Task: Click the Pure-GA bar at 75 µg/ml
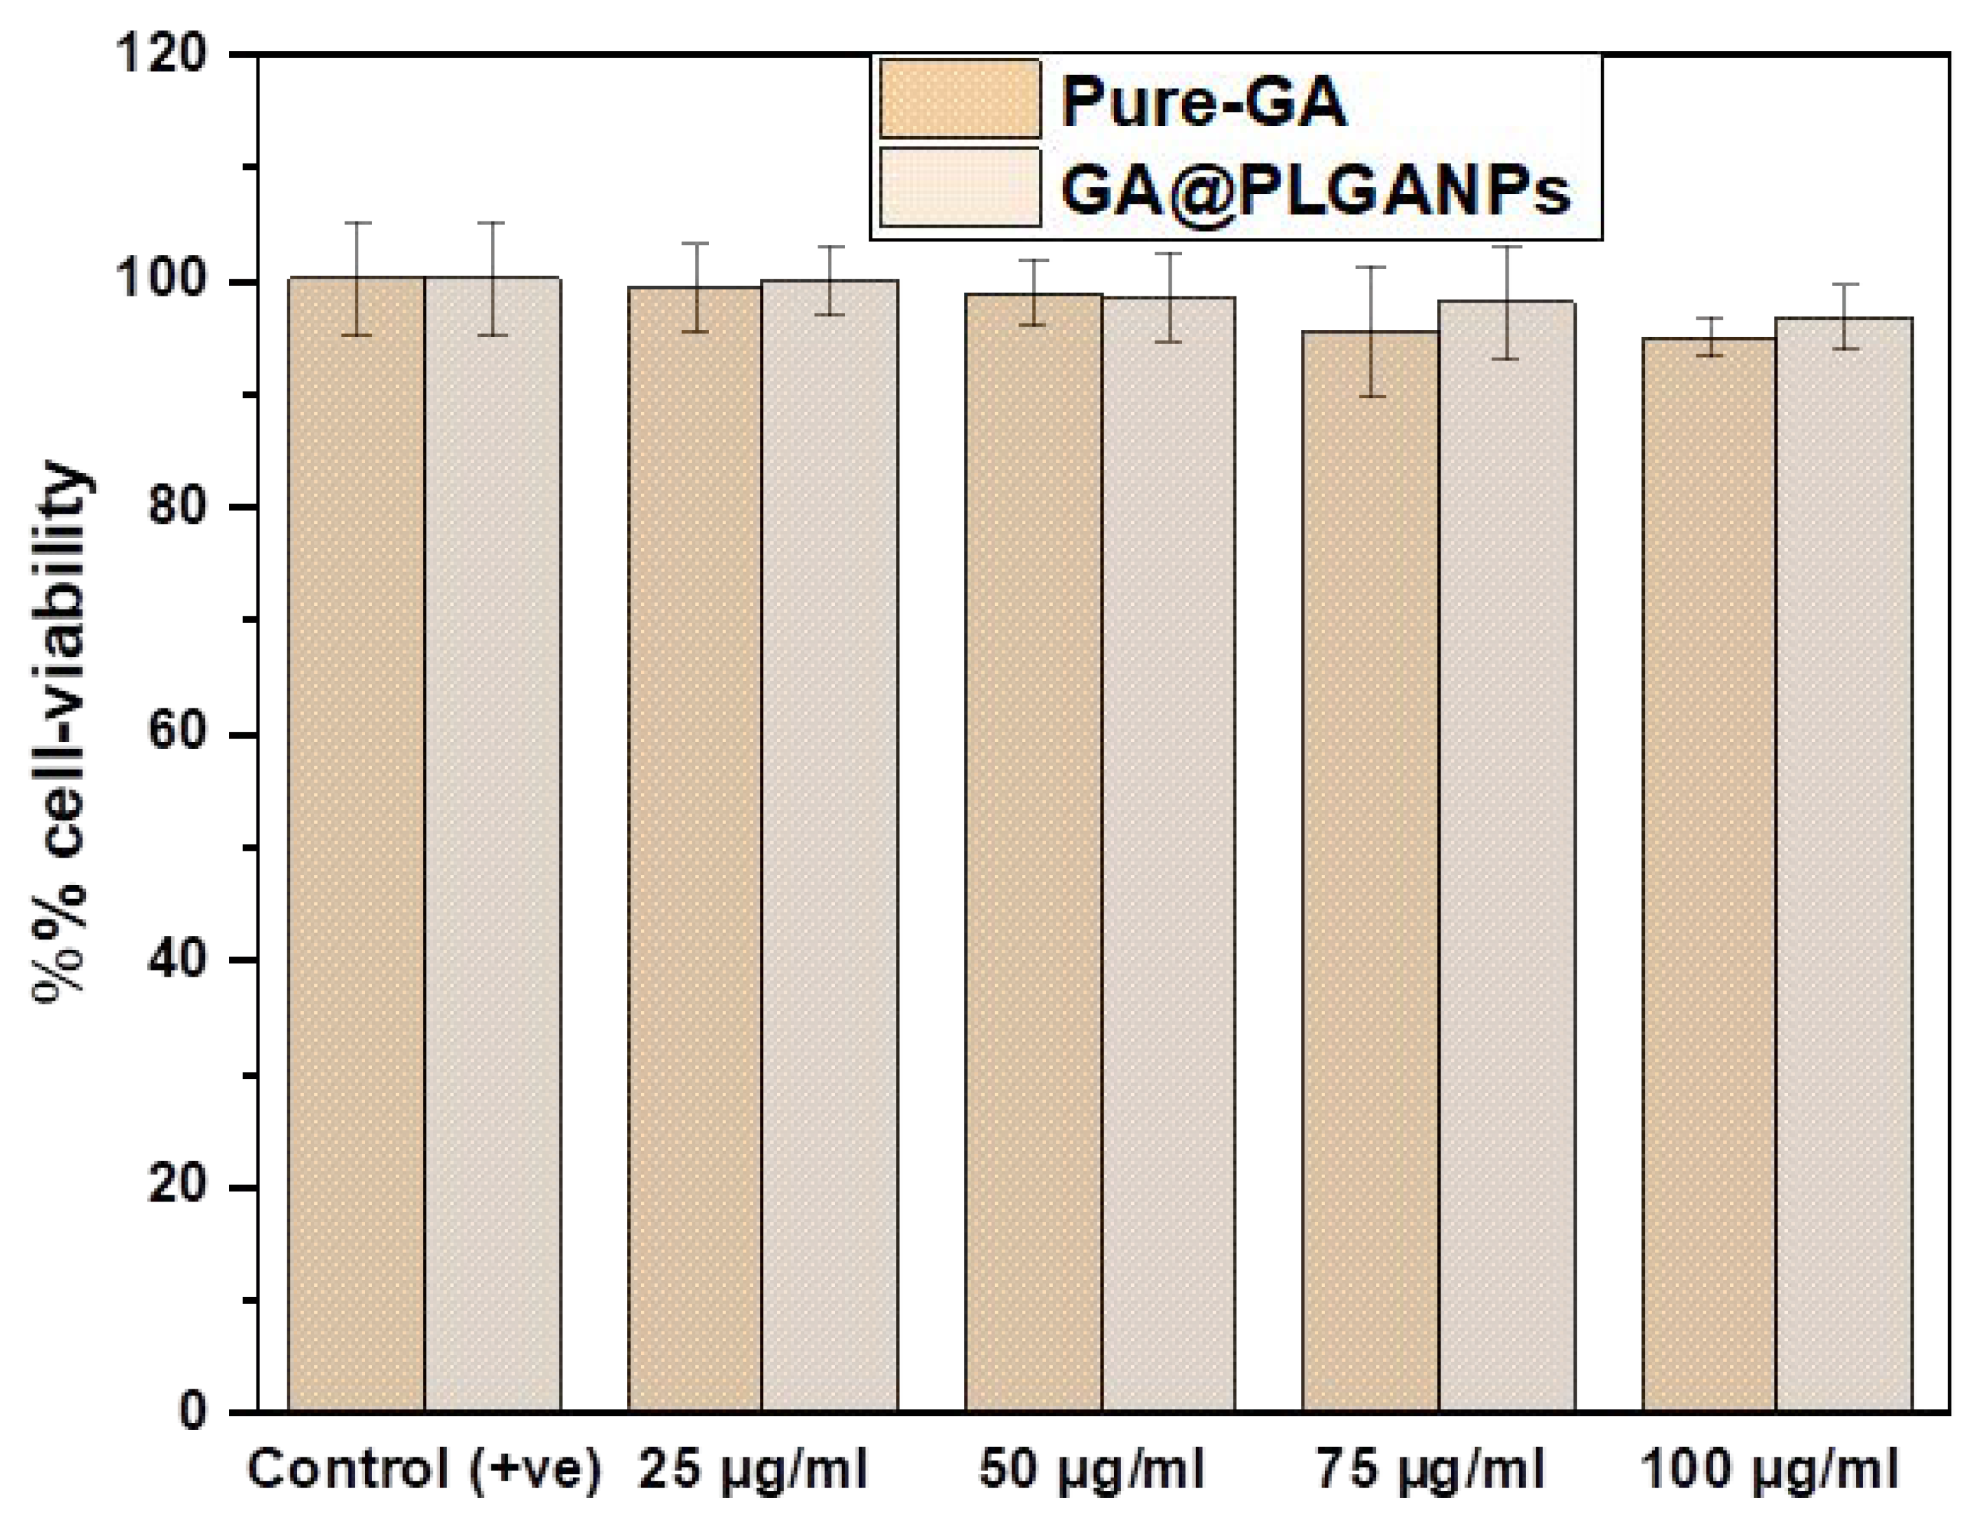(x=1370, y=869)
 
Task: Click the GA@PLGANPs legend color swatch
(x=959, y=186)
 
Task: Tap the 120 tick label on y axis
(x=163, y=54)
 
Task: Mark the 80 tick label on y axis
(x=177, y=506)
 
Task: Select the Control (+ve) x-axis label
(x=424, y=1468)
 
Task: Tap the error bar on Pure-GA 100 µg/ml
(x=1709, y=337)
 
